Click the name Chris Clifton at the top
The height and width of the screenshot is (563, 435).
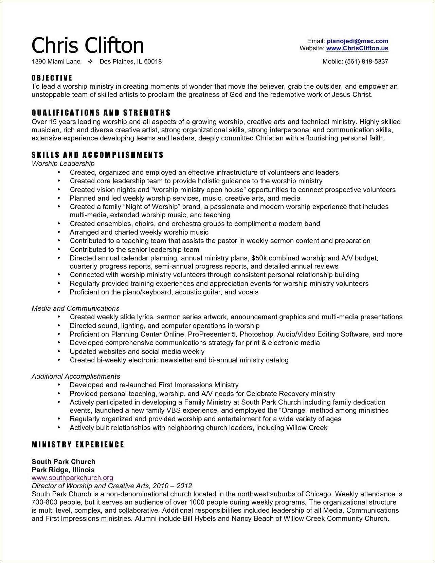[x=88, y=45]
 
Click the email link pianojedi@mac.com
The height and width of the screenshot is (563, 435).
[x=357, y=41]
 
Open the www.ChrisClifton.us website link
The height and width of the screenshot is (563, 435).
[x=357, y=48]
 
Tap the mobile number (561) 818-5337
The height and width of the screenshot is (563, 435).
[x=366, y=62]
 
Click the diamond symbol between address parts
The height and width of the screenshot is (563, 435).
[x=90, y=62]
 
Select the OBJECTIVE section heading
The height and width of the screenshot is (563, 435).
[x=52, y=78]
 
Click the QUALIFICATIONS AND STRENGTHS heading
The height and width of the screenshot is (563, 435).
[x=101, y=113]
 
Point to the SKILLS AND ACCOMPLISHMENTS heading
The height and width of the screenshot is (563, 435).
[x=97, y=155]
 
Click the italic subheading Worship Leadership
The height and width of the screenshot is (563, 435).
[x=63, y=164]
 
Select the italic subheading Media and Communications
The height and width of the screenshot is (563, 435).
[x=75, y=308]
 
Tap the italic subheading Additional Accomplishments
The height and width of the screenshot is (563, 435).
[x=76, y=376]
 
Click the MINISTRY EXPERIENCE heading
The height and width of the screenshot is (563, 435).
[x=78, y=445]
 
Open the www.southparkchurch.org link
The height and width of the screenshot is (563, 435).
[x=72, y=478]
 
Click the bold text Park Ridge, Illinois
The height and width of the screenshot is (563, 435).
[x=63, y=470]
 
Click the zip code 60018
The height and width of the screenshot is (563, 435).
[x=153, y=62]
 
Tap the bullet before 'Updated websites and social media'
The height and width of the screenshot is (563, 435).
[x=59, y=351]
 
